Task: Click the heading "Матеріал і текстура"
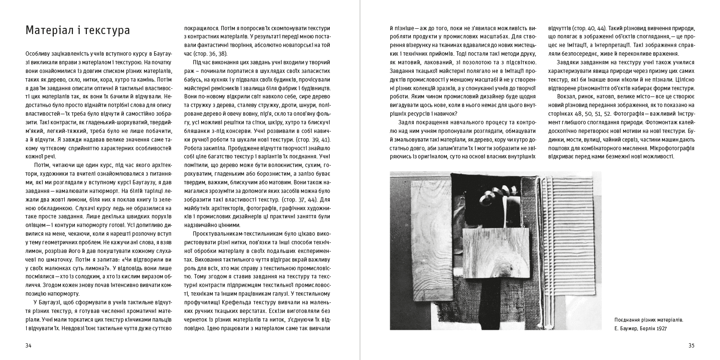tap(78, 31)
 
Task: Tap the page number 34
tap(29, 346)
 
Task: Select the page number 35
tap(692, 346)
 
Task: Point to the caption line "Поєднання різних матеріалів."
tap(648, 320)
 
